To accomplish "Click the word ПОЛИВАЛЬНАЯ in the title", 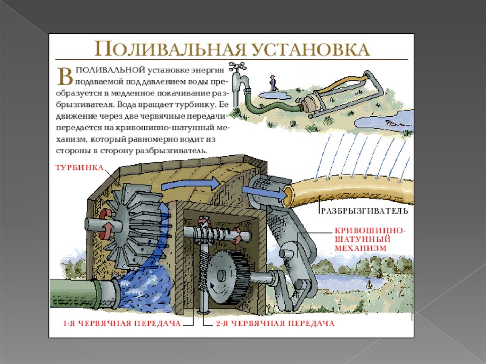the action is pos(170,49).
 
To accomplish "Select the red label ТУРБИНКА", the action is pos(80,168).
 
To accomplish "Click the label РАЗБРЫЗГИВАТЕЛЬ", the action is pos(364,211).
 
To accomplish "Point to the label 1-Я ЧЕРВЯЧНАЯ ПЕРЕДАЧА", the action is pos(122,323).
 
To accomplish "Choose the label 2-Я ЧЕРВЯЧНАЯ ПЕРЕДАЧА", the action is pos(275,323).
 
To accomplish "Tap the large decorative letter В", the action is pos(65,76).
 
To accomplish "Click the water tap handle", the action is pos(237,66).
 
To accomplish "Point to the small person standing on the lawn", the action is pos(272,84).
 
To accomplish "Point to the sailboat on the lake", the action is pos(369,283).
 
